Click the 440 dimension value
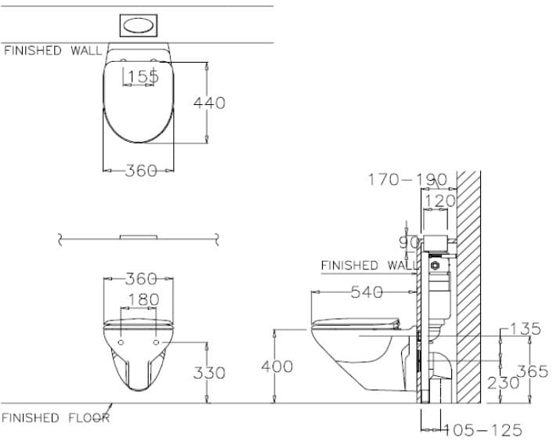click(210, 103)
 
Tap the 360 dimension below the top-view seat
click(142, 170)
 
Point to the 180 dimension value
click(143, 299)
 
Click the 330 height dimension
click(209, 373)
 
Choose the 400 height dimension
click(277, 366)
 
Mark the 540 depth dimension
click(367, 292)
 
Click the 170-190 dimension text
click(407, 179)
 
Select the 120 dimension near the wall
click(439, 201)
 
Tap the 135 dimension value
click(524, 328)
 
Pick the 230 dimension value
click(504, 382)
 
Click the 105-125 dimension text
click(483, 430)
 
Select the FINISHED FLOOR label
click(56, 418)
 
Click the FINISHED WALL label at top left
click(53, 51)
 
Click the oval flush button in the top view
click(141, 25)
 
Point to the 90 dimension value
click(409, 243)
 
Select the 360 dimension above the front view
click(142, 279)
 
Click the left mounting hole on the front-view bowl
click(122, 342)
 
